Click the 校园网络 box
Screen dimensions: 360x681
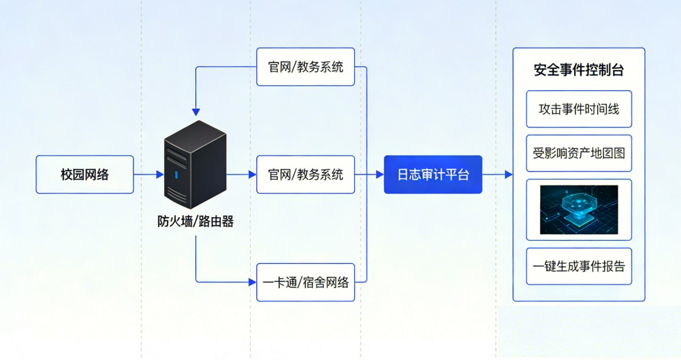(x=85, y=175)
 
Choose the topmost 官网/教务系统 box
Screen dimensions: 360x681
(x=306, y=67)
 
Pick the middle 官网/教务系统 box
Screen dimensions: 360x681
(x=306, y=175)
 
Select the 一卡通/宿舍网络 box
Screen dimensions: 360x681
(x=306, y=283)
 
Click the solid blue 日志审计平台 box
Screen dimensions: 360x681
(x=433, y=175)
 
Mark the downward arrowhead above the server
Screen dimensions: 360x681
(x=196, y=112)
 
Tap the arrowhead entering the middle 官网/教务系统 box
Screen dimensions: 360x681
(x=252, y=175)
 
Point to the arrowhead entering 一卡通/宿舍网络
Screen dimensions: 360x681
(x=252, y=283)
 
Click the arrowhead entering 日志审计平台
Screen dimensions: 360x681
(x=379, y=175)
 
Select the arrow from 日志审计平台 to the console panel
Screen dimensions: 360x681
(x=497, y=175)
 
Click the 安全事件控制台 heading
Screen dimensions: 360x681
(x=579, y=70)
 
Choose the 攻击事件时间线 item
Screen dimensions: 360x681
(x=579, y=109)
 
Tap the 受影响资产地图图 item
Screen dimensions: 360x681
(x=579, y=154)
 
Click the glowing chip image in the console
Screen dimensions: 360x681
(x=579, y=209)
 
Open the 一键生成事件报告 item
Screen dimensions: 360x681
(x=579, y=266)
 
